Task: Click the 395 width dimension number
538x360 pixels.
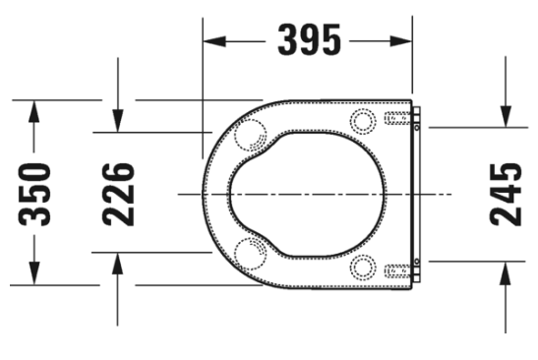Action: (309, 39)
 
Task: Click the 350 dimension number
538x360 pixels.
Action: (34, 195)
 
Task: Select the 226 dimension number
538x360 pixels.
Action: (118, 194)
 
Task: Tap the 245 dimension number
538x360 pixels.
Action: (506, 195)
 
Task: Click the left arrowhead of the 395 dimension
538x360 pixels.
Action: (214, 41)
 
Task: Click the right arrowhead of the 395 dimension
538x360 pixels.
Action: (400, 41)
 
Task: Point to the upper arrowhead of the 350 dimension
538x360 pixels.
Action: (34, 111)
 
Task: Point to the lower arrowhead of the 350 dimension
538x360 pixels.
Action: (34, 273)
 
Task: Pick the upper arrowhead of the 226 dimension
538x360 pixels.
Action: (118, 120)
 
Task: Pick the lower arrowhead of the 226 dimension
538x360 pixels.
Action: (118, 264)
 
